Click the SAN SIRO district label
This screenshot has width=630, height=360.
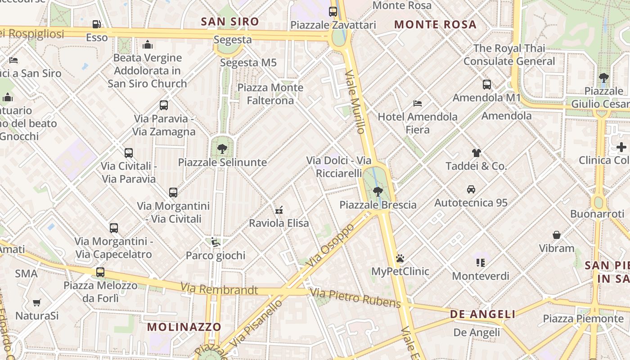[x=230, y=22]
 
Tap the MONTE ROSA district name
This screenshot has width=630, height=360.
[x=435, y=24]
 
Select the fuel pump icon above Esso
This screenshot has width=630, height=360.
[x=97, y=24]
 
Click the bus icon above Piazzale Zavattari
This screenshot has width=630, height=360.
[x=333, y=12]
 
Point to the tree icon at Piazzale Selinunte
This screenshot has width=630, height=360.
[x=222, y=148]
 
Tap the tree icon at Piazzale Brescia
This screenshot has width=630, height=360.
[x=378, y=192]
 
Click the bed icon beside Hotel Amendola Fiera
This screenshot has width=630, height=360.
[x=418, y=103]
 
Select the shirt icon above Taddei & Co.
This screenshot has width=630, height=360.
[x=476, y=153]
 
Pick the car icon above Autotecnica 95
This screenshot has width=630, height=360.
[x=471, y=189]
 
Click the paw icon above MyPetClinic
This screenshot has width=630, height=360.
[x=400, y=258]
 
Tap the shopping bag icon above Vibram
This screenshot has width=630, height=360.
[x=557, y=235]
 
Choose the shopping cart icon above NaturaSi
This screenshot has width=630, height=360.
[x=37, y=303]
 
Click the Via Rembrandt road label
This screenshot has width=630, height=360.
[x=220, y=289]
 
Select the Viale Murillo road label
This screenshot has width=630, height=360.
[x=355, y=102]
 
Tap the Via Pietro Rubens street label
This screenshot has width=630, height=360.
[x=355, y=298]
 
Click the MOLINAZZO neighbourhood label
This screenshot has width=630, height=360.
[x=184, y=327]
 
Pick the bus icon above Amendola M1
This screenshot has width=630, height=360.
[x=486, y=85]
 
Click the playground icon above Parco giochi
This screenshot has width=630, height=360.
[x=216, y=242]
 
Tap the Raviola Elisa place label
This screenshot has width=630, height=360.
[x=279, y=223]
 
